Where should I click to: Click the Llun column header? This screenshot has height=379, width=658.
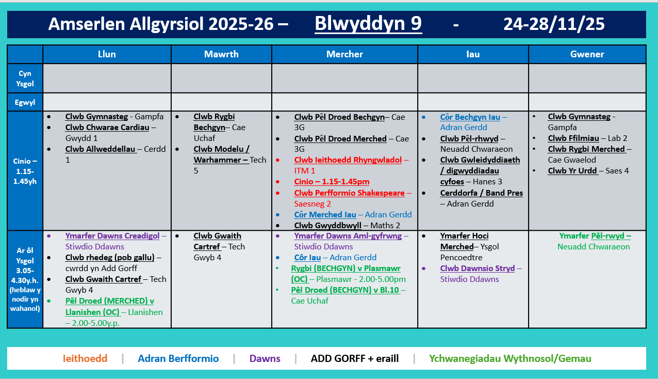click(107, 54)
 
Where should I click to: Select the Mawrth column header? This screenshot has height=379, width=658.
click(221, 54)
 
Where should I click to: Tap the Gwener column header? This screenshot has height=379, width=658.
click(587, 54)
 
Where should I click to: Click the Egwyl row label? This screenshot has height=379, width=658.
click(25, 102)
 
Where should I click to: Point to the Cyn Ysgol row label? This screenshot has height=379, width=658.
click(25, 78)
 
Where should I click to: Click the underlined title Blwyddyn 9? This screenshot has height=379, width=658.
click(368, 23)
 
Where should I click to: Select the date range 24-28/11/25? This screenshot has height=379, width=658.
click(554, 24)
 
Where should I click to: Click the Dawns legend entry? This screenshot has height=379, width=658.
click(265, 358)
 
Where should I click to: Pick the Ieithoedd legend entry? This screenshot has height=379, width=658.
click(85, 358)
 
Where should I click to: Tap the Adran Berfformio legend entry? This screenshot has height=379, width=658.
click(178, 358)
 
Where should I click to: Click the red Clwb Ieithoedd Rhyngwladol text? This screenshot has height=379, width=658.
click(348, 160)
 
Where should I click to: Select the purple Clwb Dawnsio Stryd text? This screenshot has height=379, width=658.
click(478, 269)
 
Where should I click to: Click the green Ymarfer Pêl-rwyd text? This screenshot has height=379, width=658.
click(595, 236)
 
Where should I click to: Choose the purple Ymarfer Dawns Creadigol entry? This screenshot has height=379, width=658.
click(112, 236)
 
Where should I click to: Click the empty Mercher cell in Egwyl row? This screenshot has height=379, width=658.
click(344, 102)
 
